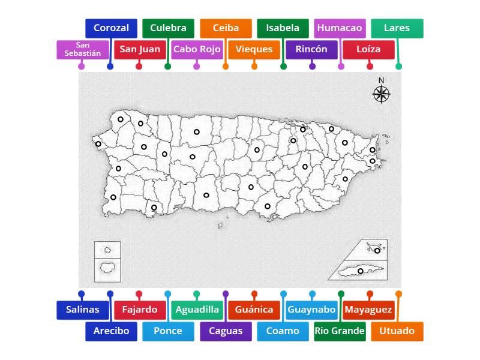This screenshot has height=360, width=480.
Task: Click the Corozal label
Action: coord(111,28)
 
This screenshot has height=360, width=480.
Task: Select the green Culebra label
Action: coord(168,28)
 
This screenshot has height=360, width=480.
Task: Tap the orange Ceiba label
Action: coord(226,28)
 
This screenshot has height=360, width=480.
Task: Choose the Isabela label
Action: coord(283,28)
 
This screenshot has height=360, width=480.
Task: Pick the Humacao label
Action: coord(340,28)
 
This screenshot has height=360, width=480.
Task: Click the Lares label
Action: coord(397,28)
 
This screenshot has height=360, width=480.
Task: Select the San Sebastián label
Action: coord(83,49)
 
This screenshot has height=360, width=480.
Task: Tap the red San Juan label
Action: coord(140,49)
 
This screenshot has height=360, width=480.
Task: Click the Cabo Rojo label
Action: coord(197,49)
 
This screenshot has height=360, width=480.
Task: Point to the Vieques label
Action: coord(254,49)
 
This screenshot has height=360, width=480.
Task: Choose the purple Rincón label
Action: coord(311,49)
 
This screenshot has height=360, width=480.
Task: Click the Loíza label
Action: coord(368,49)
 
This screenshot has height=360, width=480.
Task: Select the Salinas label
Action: coord(83,310)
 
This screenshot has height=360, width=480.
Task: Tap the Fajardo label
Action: coord(140,310)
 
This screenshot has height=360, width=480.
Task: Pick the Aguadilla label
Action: coord(197,310)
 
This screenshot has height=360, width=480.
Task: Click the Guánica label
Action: coord(254,310)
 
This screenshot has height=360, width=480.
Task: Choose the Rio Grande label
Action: coord(340,331)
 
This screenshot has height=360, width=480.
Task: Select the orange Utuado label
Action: coord(397,331)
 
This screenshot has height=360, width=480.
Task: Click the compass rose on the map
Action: coord(381,94)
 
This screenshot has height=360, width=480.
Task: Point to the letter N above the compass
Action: coord(381,80)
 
